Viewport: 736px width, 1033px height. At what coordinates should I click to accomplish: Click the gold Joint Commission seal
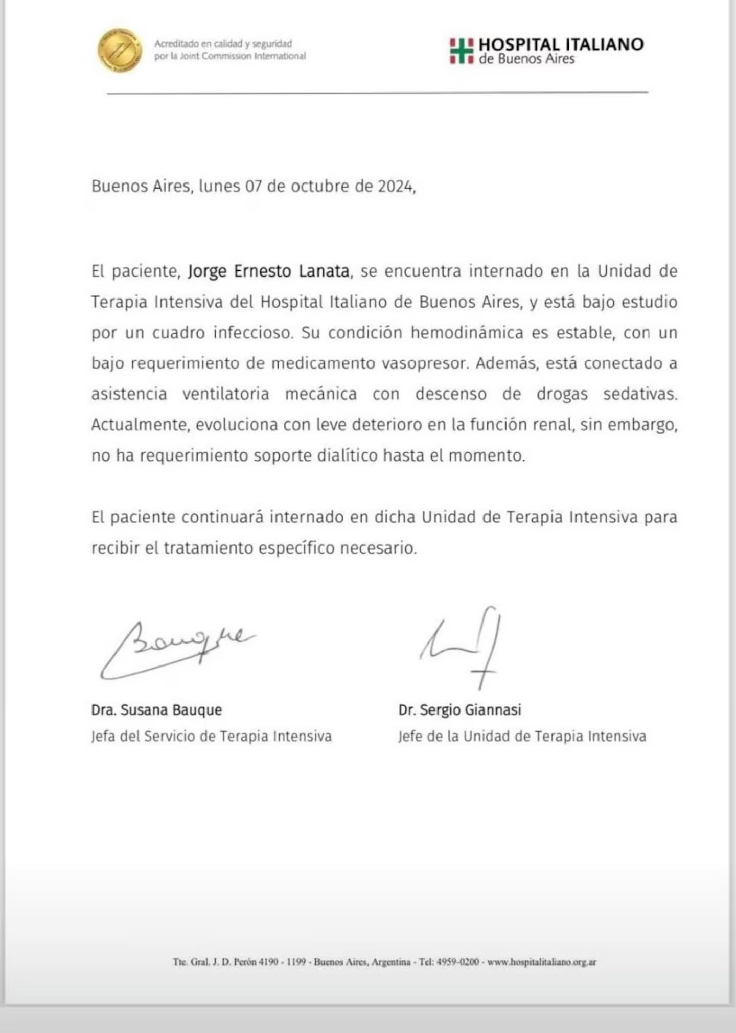120,50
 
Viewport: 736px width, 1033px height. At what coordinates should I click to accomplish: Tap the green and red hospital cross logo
462,51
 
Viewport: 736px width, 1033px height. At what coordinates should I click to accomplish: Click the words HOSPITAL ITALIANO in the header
561,44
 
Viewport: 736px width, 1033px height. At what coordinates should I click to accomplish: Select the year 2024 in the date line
396,186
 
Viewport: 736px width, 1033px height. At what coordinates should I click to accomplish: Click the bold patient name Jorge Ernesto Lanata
269,271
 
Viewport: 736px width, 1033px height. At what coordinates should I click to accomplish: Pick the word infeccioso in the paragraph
253,333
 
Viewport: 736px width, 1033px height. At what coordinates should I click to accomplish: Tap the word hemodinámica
467,333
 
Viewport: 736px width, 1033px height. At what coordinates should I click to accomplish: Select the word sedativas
640,394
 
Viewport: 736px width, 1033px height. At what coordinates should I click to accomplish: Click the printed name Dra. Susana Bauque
156,710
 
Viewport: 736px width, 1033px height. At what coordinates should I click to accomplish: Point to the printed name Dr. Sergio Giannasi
459,710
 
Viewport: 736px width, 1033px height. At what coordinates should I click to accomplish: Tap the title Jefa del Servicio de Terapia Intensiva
212,736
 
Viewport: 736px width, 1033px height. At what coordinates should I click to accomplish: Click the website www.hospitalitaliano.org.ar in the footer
541,962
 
